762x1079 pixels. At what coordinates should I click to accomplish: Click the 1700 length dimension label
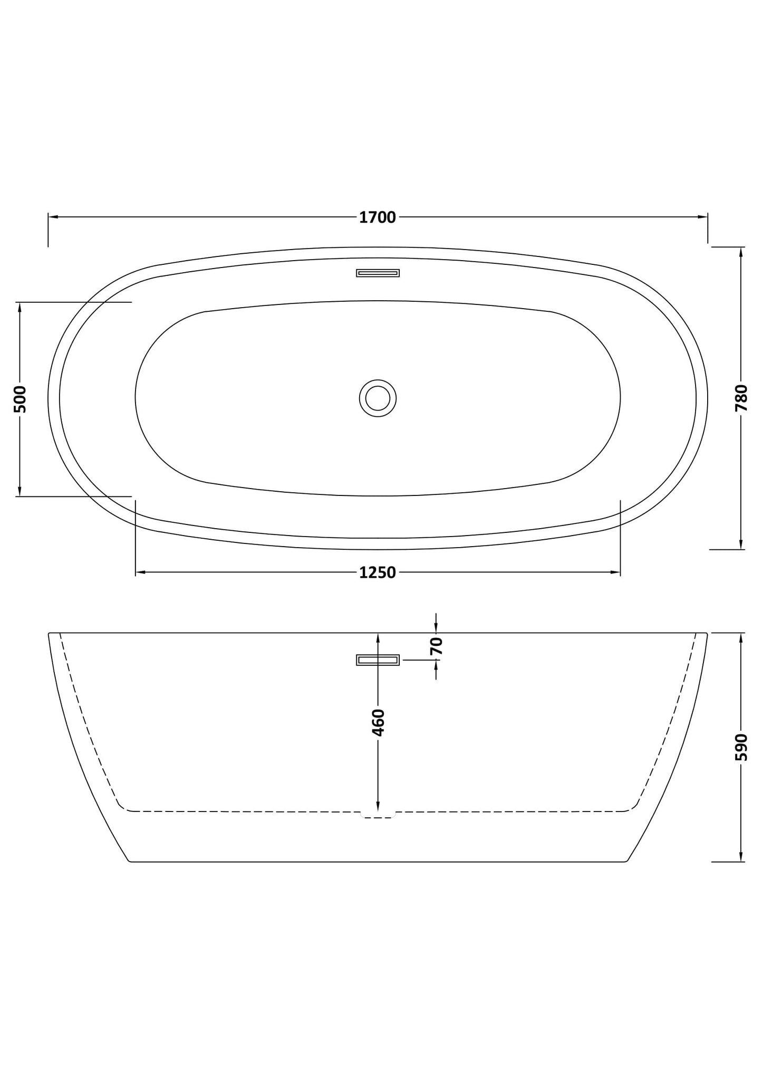coord(377,217)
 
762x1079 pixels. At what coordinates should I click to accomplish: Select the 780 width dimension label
coord(741,398)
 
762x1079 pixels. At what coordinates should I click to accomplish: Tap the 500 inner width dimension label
coord(20,399)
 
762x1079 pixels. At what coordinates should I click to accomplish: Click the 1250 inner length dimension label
coord(377,572)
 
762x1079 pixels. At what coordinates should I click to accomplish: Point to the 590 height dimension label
coord(741,747)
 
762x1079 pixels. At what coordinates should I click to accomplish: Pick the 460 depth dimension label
coord(378,722)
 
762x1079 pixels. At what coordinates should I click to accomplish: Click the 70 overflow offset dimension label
coord(437,646)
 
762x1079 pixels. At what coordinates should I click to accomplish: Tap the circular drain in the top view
coord(378,398)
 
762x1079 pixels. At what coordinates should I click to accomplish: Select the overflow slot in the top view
coord(378,273)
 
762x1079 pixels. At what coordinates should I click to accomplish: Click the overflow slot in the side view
coord(378,660)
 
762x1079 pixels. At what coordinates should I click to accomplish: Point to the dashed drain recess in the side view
coord(378,816)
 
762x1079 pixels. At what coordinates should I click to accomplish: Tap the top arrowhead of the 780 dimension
coord(741,252)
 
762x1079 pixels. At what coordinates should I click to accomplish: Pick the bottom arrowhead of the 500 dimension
coord(20,492)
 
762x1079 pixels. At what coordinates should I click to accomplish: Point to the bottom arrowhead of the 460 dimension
coord(378,806)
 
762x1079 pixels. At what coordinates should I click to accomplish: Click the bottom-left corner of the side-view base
coord(130,861)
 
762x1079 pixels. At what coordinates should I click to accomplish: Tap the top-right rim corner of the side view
coord(706,633)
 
